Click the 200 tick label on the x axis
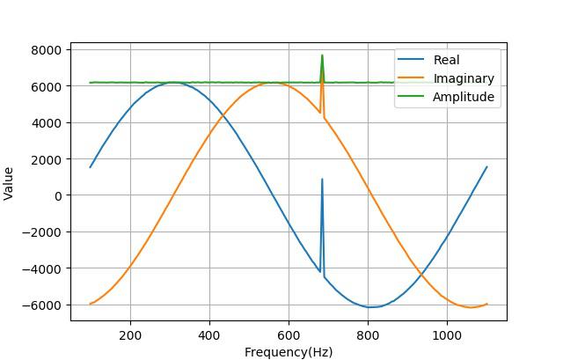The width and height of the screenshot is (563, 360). [130, 335]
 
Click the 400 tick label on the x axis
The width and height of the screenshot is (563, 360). [209, 335]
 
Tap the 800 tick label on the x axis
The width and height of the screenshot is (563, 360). [368, 335]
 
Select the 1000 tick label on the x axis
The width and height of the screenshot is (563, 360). [447, 335]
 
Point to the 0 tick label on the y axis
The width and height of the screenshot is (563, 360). [57, 195]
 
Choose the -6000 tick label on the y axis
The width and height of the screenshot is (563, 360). [43, 305]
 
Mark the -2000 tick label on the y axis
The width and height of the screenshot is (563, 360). [43, 232]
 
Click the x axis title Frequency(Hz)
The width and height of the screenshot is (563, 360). [289, 352]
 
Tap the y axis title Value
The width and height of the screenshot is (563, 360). [10, 183]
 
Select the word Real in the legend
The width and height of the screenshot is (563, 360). [447, 60]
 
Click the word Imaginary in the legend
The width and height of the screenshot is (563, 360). [464, 78]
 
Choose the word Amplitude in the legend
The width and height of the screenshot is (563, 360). [464, 97]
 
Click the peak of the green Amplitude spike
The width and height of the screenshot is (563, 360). [322, 55]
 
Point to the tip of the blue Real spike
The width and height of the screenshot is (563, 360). [322, 180]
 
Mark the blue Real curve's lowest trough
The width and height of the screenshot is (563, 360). [373, 307]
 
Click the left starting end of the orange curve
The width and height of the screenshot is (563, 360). [91, 304]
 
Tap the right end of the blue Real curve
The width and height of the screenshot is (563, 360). [486, 167]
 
